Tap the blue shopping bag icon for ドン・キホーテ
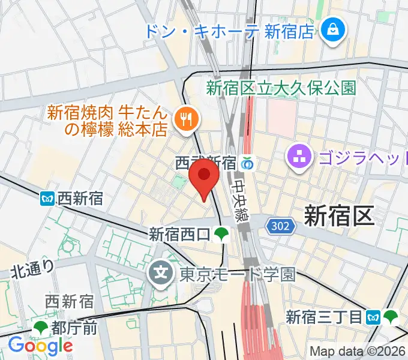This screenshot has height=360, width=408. click(x=330, y=28)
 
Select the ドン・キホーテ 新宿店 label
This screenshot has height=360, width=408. click(x=229, y=31)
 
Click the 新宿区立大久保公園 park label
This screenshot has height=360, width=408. click(x=281, y=88)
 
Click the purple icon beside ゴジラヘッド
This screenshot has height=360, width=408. click(x=298, y=158)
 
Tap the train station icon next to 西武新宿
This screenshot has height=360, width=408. click(x=247, y=163)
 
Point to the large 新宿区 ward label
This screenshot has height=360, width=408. click(x=339, y=215)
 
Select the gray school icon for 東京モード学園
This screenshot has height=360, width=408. click(x=161, y=274)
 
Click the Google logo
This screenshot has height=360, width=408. click(x=40, y=346)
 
